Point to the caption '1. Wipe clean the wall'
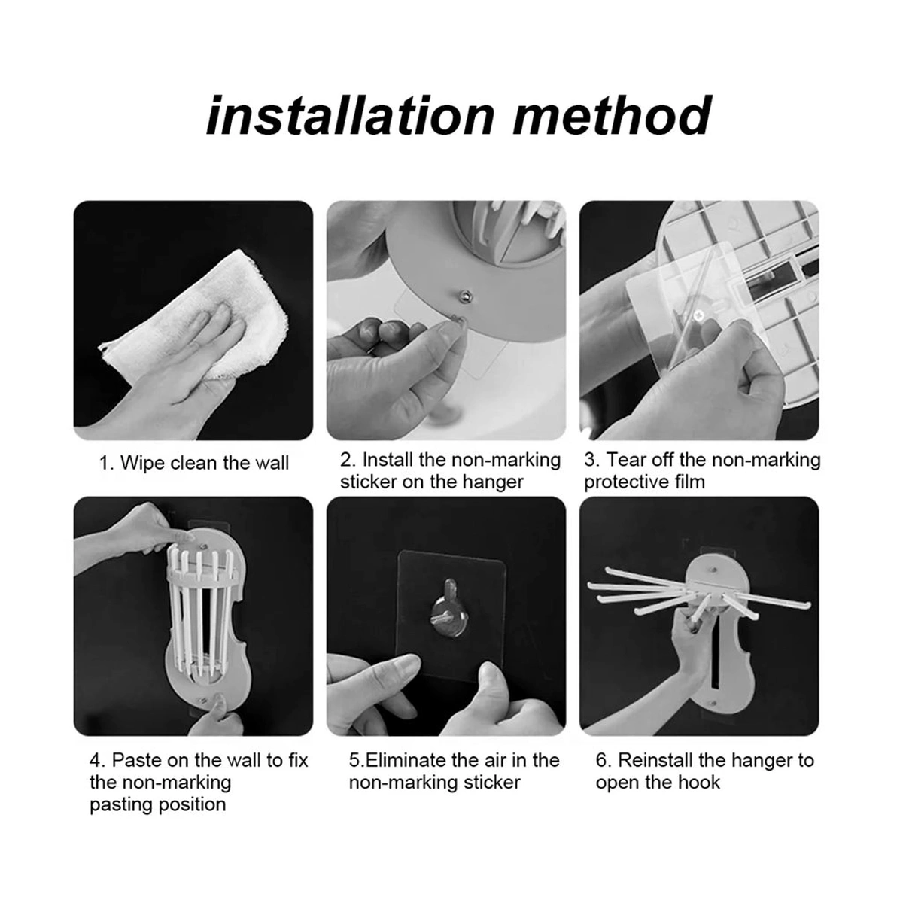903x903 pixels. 193,463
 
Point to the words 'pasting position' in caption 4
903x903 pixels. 157,804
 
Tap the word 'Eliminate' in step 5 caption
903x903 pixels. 406,760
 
